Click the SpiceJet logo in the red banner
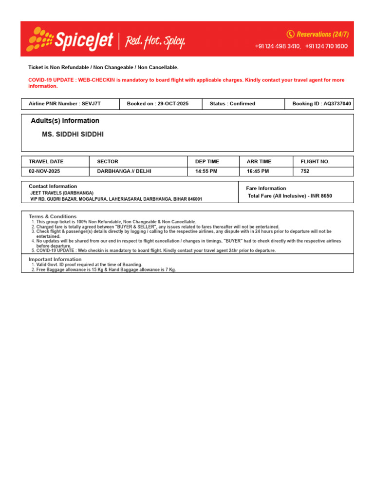[71, 39]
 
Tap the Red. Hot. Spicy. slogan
[155, 42]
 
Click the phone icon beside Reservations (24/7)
[291, 34]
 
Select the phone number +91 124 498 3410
[278, 46]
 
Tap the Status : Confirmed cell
[243, 104]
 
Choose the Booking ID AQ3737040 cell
[319, 104]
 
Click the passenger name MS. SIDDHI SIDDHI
[73, 134]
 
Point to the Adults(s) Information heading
[65, 121]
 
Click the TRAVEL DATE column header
[46, 161]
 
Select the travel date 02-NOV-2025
[45, 172]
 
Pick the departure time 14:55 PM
[208, 172]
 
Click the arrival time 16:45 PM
[258, 172]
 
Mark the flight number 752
[305, 172]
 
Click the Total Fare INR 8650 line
[290, 196]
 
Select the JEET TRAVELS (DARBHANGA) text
[62, 193]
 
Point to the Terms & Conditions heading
[53, 216]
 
